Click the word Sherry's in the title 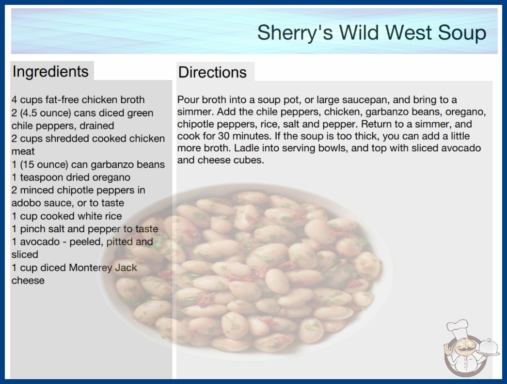pyautogui.click(x=295, y=33)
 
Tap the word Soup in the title pyautogui.click(x=462, y=32)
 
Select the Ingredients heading pyautogui.click(x=50, y=71)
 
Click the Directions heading pyautogui.click(x=212, y=72)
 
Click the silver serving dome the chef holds pyautogui.click(x=489, y=347)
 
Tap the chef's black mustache pyautogui.click(x=464, y=350)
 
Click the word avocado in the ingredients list pyautogui.click(x=40, y=241)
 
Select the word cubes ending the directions pyautogui.click(x=251, y=160)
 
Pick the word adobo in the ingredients pyautogui.click(x=24, y=203)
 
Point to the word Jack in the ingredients pyautogui.click(x=126, y=268)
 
